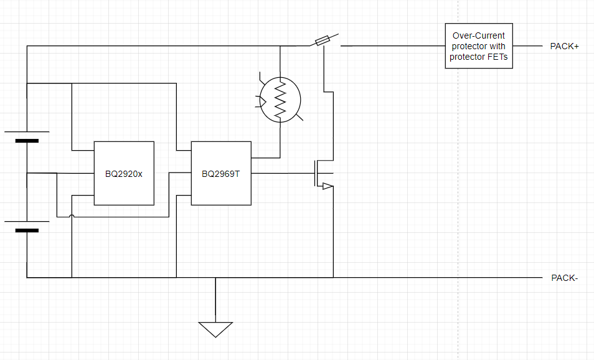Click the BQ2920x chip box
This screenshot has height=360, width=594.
coord(124,173)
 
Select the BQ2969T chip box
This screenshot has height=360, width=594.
coord(221,173)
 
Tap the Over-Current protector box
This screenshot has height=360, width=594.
coord(479,46)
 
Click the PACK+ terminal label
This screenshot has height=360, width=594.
coord(565,46)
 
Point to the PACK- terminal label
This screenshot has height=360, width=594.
coord(565,278)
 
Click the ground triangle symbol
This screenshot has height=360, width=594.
coord(215,329)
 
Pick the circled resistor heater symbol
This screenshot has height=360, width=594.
coord(280,100)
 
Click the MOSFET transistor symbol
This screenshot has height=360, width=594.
coord(324,174)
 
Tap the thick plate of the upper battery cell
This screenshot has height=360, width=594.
coord(27,141)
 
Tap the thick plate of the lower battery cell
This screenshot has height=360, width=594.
coord(27,230)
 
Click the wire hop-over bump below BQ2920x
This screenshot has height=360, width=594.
coord(72,216)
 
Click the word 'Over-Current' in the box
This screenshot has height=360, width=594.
coord(478,36)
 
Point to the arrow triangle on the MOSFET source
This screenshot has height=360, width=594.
coord(328,186)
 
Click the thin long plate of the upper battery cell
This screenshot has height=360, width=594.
coord(27,132)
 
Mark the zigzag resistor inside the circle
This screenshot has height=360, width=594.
coord(280,100)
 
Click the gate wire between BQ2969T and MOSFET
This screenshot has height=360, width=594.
coord(283,174)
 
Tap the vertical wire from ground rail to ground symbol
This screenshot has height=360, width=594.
coord(215,300)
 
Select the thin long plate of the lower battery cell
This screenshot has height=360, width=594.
coord(27,221)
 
